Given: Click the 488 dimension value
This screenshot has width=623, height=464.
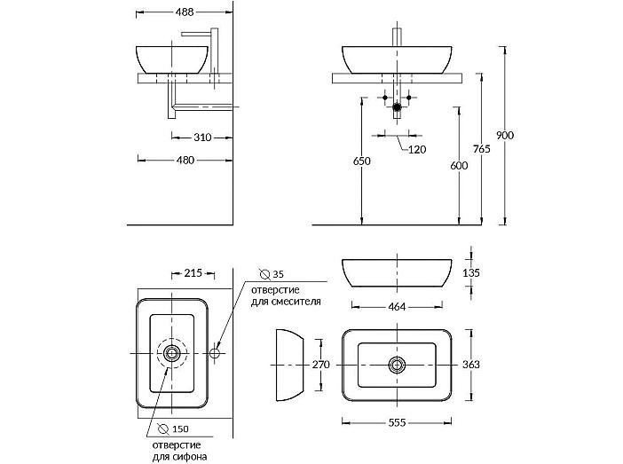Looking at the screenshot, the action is point(185,12).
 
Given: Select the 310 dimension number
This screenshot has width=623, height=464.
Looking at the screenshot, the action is point(202,138).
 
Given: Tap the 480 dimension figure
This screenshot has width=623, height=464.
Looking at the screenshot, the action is point(185,160).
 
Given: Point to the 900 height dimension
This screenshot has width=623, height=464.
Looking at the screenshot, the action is point(505,135).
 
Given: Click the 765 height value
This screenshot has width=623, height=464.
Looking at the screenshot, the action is point(482,149).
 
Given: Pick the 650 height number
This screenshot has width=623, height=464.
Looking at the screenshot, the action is point(361,161).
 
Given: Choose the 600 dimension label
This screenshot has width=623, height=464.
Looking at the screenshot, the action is point(459,165).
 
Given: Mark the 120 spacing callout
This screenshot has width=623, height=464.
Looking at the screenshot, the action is point(417,149).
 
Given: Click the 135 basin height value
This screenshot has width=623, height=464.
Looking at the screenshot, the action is point(471,273).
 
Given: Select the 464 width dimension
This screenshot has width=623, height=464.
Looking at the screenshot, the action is point(397,307).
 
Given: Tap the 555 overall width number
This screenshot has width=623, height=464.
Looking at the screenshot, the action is point(397,422).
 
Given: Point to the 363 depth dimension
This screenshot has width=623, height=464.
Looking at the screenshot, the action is point(471,365).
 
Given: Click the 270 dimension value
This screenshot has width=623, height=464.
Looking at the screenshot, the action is point(320,365).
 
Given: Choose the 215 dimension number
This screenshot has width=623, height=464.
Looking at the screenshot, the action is point(193,273).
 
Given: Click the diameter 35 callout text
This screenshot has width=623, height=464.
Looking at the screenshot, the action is point(272,274).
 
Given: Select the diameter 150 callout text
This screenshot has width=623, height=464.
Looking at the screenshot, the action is point(173,429).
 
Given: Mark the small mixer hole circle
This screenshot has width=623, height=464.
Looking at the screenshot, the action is point(215,353).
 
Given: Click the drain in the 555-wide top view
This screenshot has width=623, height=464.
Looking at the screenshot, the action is point(397,365).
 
